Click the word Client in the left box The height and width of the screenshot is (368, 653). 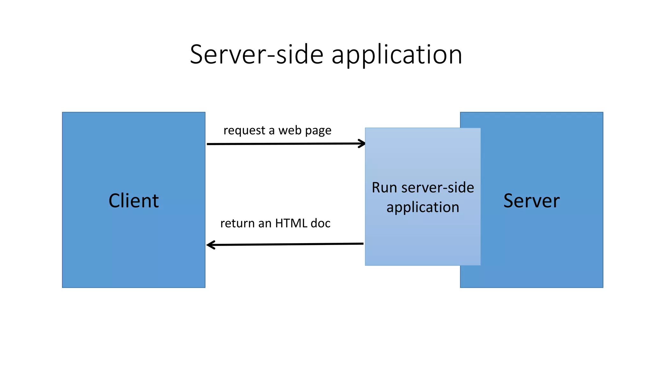click(x=134, y=201)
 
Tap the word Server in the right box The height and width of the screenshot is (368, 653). click(x=531, y=201)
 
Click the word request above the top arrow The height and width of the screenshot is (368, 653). click(x=244, y=131)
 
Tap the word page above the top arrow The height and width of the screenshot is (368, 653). click(x=318, y=131)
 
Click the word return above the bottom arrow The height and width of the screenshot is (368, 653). click(x=237, y=223)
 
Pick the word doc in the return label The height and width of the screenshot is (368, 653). click(x=320, y=223)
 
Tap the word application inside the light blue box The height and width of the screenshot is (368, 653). click(x=423, y=208)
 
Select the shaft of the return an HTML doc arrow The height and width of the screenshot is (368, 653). click(x=287, y=244)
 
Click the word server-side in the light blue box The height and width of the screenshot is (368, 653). click(x=437, y=188)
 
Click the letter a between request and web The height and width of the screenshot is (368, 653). click(x=271, y=131)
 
